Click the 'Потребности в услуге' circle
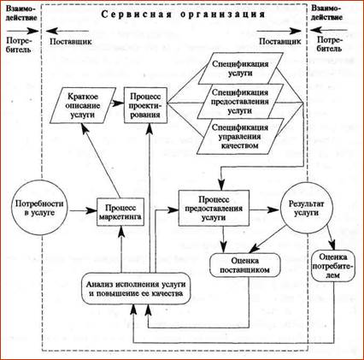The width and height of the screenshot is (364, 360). pyautogui.click(x=39, y=207)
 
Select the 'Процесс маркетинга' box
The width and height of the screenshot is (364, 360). pyautogui.click(x=120, y=212)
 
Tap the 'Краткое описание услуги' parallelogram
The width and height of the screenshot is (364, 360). pyautogui.click(x=83, y=105)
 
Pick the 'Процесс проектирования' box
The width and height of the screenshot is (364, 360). pyautogui.click(x=145, y=105)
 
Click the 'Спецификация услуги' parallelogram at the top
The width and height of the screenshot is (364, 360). pyautogui.click(x=240, y=68)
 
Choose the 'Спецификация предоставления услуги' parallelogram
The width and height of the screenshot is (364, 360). pyautogui.click(x=240, y=101)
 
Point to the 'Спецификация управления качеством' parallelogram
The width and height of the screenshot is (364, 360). pyautogui.click(x=240, y=136)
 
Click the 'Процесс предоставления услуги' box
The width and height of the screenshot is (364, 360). pyautogui.click(x=214, y=208)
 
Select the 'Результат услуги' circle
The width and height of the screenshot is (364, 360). pyautogui.click(x=306, y=209)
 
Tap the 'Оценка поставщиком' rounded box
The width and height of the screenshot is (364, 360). pyautogui.click(x=245, y=265)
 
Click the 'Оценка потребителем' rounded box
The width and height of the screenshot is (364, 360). pyautogui.click(x=333, y=266)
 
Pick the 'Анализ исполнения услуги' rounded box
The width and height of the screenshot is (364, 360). pyautogui.click(x=136, y=288)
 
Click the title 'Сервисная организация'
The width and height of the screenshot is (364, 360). pyautogui.click(x=183, y=15)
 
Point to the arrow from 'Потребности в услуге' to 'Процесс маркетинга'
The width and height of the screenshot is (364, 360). pyautogui.click(x=83, y=211)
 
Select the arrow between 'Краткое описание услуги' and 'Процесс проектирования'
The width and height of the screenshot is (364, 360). pyautogui.click(x=118, y=103)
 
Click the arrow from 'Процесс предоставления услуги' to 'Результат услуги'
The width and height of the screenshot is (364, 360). pyautogui.click(x=264, y=210)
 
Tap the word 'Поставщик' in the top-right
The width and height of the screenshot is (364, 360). pyautogui.click(x=279, y=42)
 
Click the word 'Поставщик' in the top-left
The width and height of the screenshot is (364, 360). pyautogui.click(x=71, y=42)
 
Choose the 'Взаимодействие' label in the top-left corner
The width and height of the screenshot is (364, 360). pyautogui.click(x=21, y=13)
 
